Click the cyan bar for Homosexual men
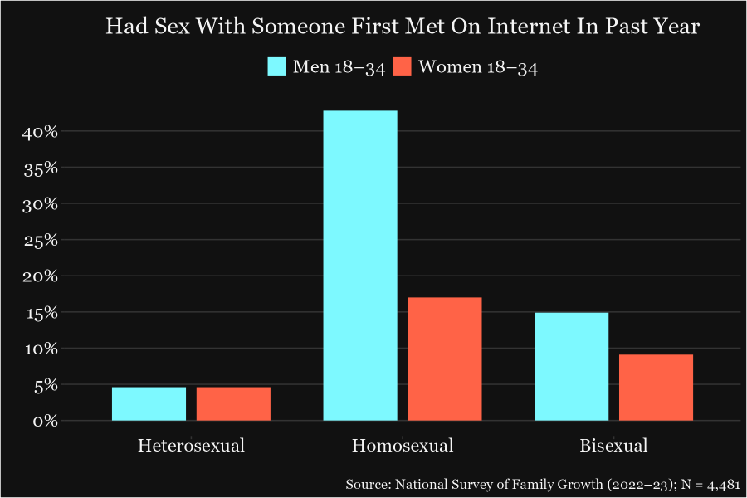360,266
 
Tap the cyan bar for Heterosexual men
149,403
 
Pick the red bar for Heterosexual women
233,403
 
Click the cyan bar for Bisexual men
571,366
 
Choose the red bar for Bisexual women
656,388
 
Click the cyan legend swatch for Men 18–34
276,67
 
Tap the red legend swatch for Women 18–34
403,67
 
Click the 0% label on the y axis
45,421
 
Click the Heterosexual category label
191,446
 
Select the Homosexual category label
403,446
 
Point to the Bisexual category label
613,446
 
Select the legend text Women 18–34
478,67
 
